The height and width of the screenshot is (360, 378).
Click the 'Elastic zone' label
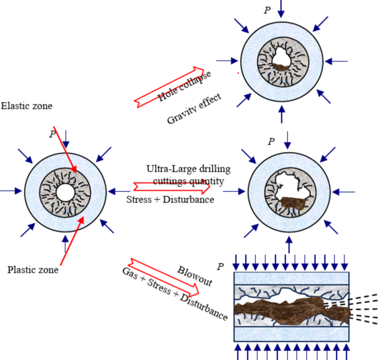26,105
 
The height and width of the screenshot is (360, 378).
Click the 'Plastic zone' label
33,270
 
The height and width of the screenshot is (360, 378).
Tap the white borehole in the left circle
65,192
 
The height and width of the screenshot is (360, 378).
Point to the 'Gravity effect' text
194,109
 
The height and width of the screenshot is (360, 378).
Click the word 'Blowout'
195,274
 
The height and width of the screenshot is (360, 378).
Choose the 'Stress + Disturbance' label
171,200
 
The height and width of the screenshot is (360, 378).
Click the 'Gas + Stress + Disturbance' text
174,293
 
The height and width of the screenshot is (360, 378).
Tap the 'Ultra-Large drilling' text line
189,169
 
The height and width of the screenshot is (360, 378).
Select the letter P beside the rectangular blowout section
220,267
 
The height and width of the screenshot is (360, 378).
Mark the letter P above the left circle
52,135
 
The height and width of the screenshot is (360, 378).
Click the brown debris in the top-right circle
283,66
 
